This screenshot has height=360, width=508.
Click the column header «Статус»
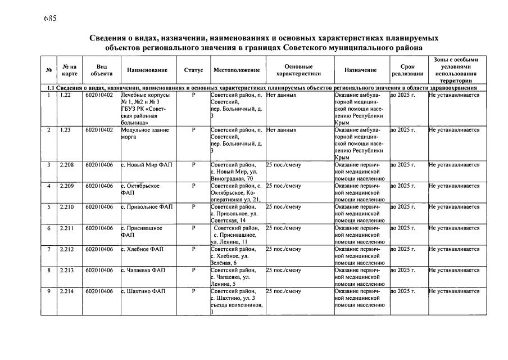pos(193,70)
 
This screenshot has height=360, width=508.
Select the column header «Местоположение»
pos(237,70)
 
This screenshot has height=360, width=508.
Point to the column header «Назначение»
pos(360,70)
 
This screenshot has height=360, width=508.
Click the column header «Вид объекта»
pos(101,70)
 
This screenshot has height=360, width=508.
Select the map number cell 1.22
pos(66,96)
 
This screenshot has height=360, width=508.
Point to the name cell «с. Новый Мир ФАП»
pos(146,165)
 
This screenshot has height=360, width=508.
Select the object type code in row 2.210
pos(99,207)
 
